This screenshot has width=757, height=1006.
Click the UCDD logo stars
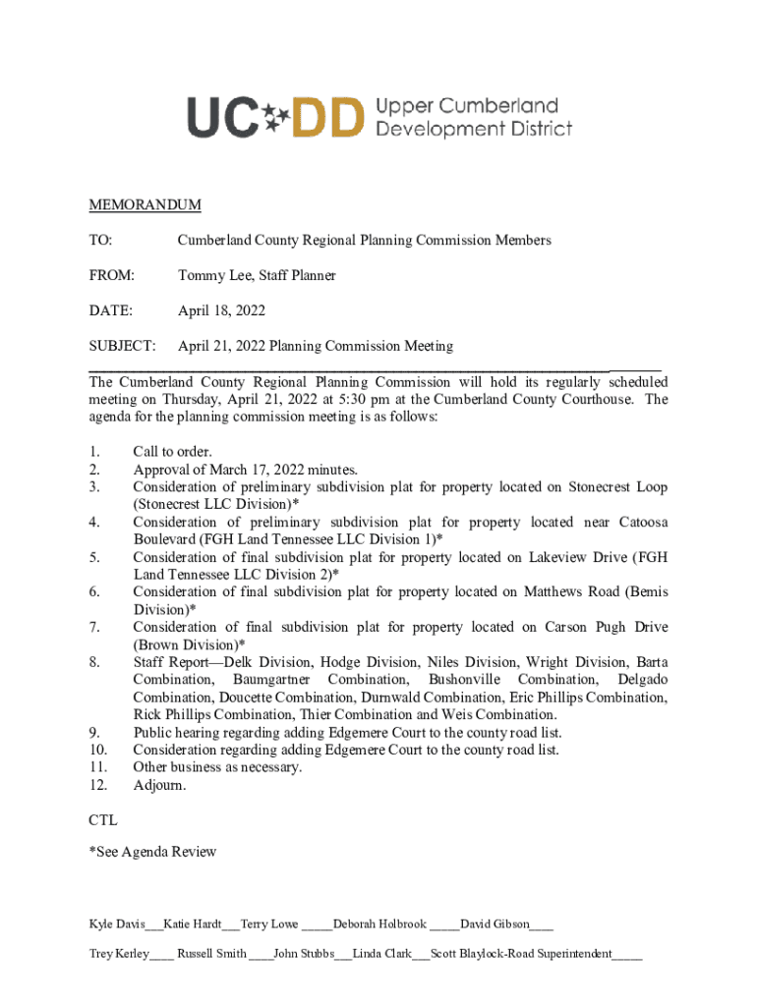coord(277,117)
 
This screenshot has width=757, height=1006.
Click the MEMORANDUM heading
coord(145,205)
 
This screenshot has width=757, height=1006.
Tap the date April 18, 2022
coord(221,311)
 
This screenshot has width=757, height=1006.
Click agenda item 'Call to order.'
coord(172,452)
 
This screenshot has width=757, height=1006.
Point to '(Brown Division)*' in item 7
coord(189,645)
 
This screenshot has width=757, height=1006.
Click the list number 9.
coord(93,733)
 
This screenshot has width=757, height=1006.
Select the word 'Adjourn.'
coord(159,786)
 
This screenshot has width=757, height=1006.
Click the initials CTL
coord(103,818)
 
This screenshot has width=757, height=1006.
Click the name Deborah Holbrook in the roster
coord(379,924)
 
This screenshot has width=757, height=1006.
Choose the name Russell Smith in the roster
coord(211,954)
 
